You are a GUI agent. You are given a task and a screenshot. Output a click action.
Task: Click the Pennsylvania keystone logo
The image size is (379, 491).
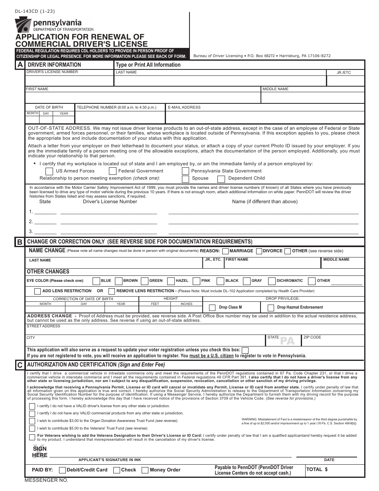[23, 26]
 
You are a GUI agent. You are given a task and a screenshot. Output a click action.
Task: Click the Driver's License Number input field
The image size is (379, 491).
[69, 81]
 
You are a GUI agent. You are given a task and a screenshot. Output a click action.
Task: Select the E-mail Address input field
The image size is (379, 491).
[265, 117]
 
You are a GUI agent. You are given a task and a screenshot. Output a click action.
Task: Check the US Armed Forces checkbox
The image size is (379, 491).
[49, 171]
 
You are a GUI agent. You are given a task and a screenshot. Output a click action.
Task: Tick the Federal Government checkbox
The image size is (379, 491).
[113, 171]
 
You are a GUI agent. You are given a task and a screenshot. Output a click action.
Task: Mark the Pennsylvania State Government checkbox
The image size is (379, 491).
[185, 171]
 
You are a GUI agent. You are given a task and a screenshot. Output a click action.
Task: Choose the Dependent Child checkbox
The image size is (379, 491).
[221, 179]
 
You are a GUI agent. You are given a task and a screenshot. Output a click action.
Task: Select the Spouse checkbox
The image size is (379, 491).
[185, 179]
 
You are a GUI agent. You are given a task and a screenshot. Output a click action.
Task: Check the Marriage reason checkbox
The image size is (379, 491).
[225, 251]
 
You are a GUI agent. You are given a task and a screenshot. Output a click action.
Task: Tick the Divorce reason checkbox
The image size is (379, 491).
[259, 251]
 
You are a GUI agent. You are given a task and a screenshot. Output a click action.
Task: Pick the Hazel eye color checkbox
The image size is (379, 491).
[171, 281]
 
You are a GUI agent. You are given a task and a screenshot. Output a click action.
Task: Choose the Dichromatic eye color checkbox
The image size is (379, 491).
[272, 281]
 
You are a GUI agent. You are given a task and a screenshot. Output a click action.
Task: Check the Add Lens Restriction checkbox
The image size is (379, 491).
[37, 291]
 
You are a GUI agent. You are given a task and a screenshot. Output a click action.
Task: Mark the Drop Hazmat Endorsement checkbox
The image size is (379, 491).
[271, 308]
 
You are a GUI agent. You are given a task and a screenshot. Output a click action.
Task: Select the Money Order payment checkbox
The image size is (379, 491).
[145, 470]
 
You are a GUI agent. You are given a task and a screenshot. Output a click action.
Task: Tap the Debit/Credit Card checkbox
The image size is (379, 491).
[62, 470]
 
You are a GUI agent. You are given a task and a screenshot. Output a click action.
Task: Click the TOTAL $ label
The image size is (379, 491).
[317, 470]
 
